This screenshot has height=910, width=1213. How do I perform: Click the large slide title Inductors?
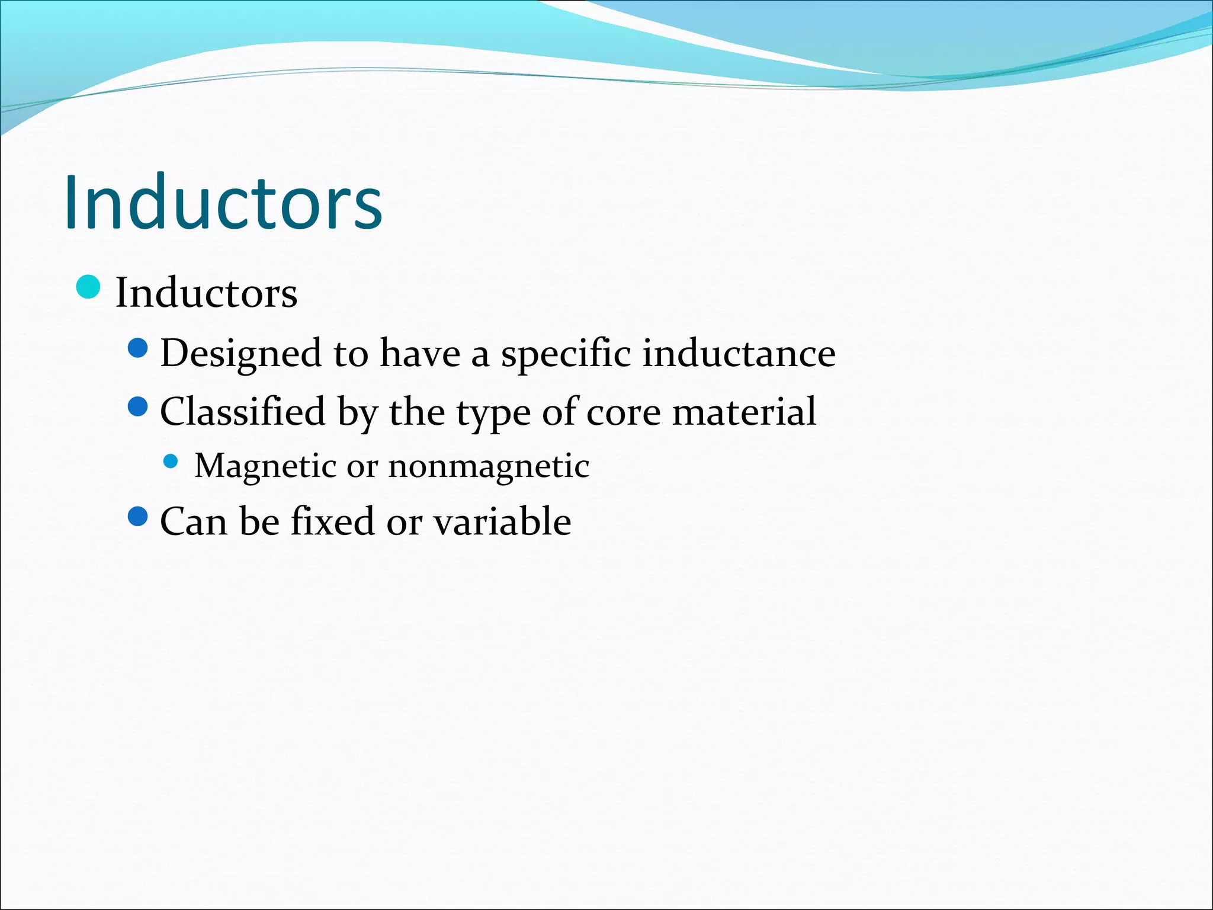pos(223,203)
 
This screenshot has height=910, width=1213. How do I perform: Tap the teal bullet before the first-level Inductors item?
pos(89,287)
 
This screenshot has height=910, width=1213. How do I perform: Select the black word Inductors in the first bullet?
pos(206,293)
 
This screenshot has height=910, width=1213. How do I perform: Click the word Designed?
pos(240,354)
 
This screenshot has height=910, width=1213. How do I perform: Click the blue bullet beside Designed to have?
pos(137,348)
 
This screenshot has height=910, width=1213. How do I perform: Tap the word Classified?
pos(243,412)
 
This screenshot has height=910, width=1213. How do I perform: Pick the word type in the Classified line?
pos(493,413)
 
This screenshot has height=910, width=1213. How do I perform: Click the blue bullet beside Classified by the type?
pos(137,406)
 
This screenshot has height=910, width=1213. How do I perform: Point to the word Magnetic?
pos(265,466)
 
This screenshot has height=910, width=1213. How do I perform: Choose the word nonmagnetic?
pos(489,466)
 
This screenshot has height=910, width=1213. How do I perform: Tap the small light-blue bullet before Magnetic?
pos(171,462)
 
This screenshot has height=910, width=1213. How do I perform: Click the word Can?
pos(193,522)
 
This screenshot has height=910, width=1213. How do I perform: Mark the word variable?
pos(502,521)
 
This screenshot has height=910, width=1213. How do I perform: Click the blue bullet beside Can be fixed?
pos(137,517)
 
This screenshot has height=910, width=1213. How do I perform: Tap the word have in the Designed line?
pos(420,354)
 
